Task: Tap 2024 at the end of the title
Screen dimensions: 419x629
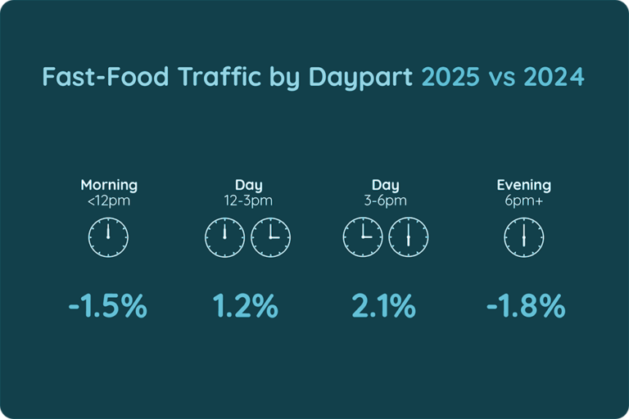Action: (x=554, y=78)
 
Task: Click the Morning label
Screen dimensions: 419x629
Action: (x=109, y=185)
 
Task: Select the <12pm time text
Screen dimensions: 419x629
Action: (x=109, y=200)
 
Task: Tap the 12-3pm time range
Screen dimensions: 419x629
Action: (x=248, y=200)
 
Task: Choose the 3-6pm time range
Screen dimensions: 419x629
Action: (x=385, y=200)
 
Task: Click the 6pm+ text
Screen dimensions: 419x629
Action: (x=524, y=200)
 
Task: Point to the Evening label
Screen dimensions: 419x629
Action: (x=524, y=185)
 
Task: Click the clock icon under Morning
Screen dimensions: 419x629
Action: (x=109, y=238)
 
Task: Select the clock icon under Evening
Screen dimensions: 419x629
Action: (x=524, y=238)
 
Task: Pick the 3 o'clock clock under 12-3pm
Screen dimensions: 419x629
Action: (x=271, y=238)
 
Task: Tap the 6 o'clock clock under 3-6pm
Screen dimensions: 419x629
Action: (x=408, y=238)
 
